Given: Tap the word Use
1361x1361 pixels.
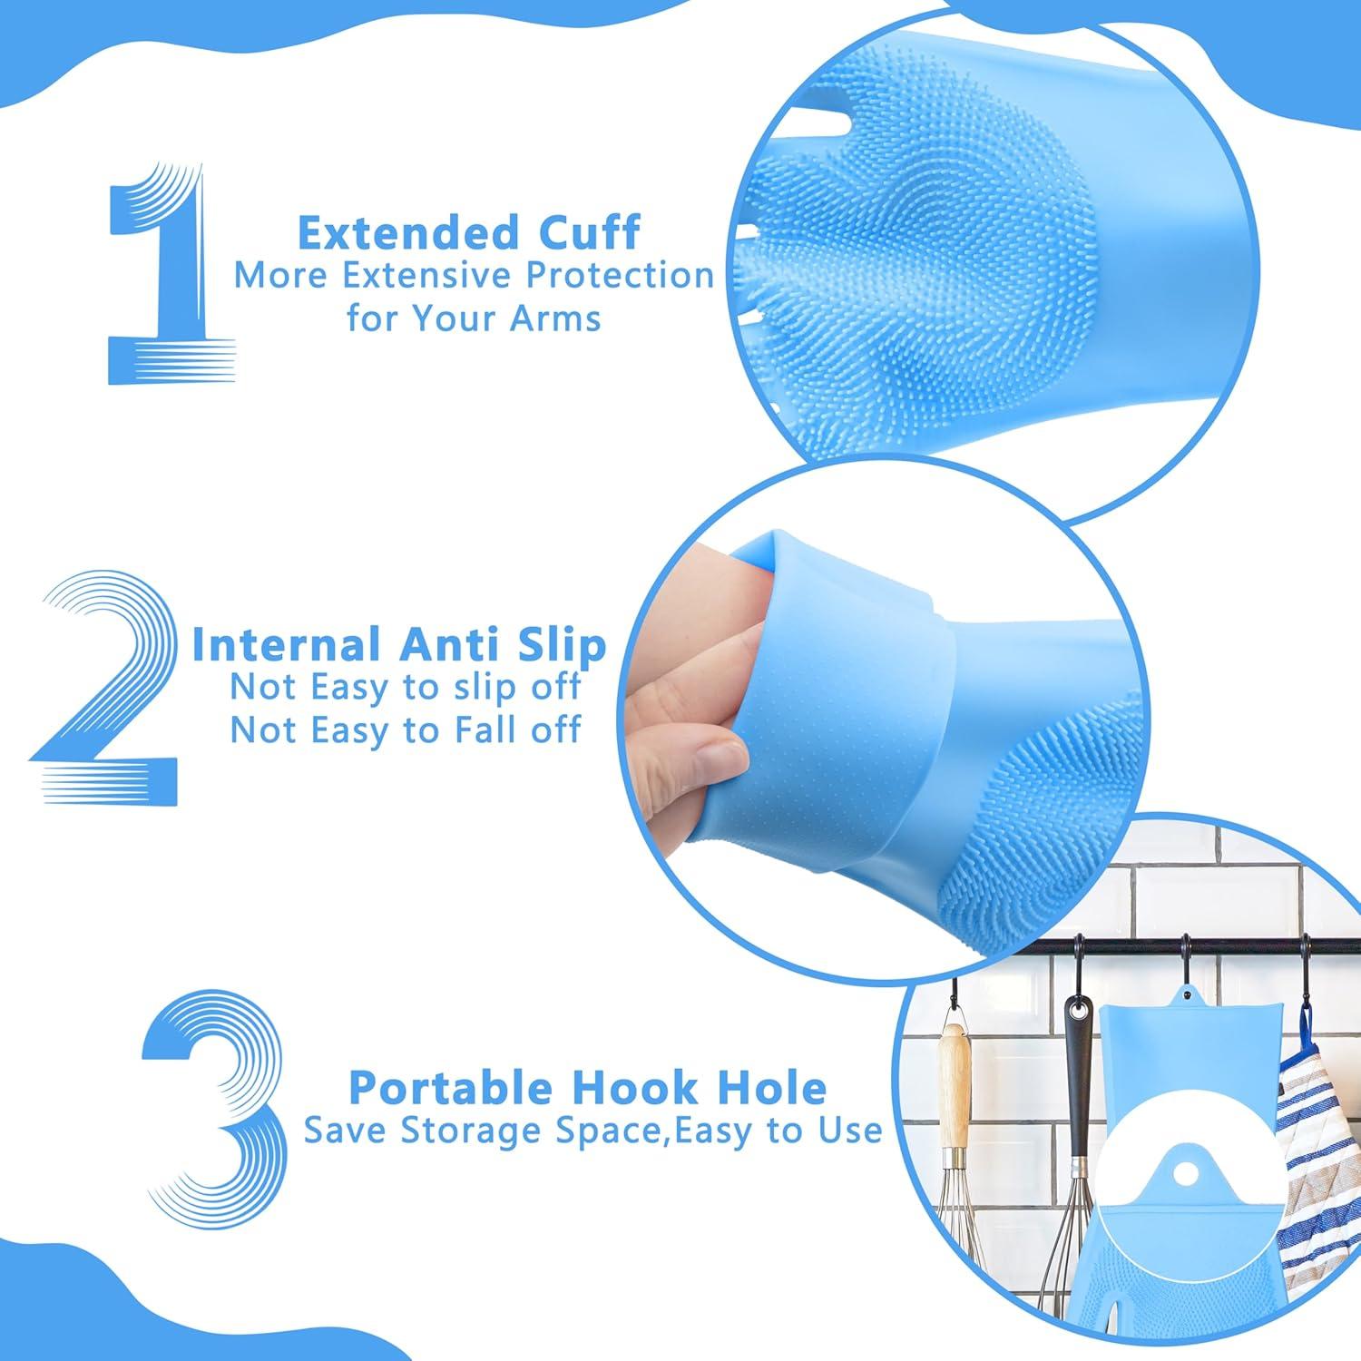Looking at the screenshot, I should (x=848, y=1131).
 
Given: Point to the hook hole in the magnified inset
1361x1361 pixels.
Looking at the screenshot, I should (x=1181, y=1173).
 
